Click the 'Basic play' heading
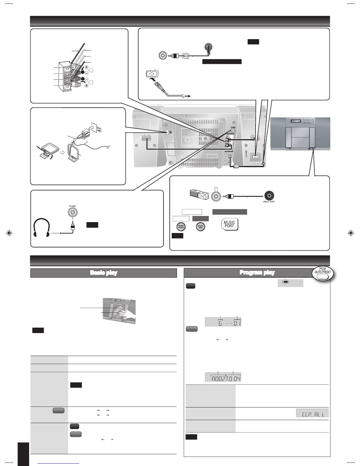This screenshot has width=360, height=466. [104, 273]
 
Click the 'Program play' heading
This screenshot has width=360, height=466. [257, 273]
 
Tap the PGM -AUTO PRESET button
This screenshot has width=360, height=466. [322, 274]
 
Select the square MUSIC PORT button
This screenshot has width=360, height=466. [229, 224]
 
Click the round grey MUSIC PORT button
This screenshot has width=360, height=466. [200, 227]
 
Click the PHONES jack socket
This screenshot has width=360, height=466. [72, 212]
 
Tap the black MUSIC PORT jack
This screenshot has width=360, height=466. [269, 195]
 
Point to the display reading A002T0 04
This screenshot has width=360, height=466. [223, 377]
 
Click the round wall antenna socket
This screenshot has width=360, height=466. [209, 47]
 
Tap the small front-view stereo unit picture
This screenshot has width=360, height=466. [300, 134]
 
